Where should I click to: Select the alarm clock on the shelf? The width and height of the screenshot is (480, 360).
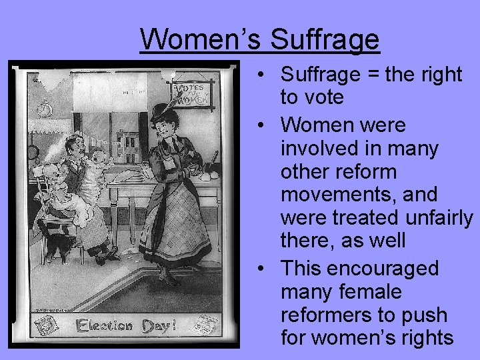(x=46, y=107)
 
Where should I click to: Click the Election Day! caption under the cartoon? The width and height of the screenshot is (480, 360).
(x=127, y=326)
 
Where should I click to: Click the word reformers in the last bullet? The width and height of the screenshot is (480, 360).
(x=326, y=315)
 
